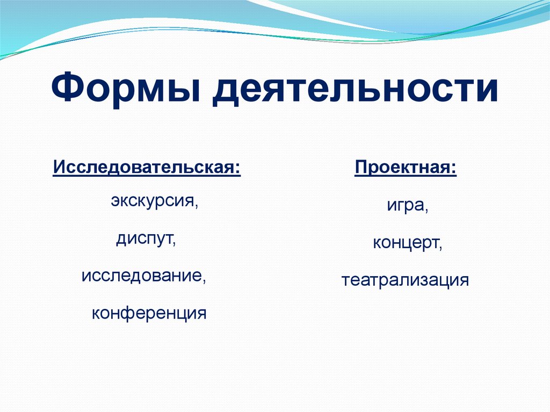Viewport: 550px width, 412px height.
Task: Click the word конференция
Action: tap(149, 313)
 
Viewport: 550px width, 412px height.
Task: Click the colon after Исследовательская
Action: tap(238, 168)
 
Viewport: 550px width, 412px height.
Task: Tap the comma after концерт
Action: tap(442, 247)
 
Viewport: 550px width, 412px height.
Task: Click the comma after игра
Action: tap(427, 210)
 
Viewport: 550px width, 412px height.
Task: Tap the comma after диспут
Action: tap(175, 242)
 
